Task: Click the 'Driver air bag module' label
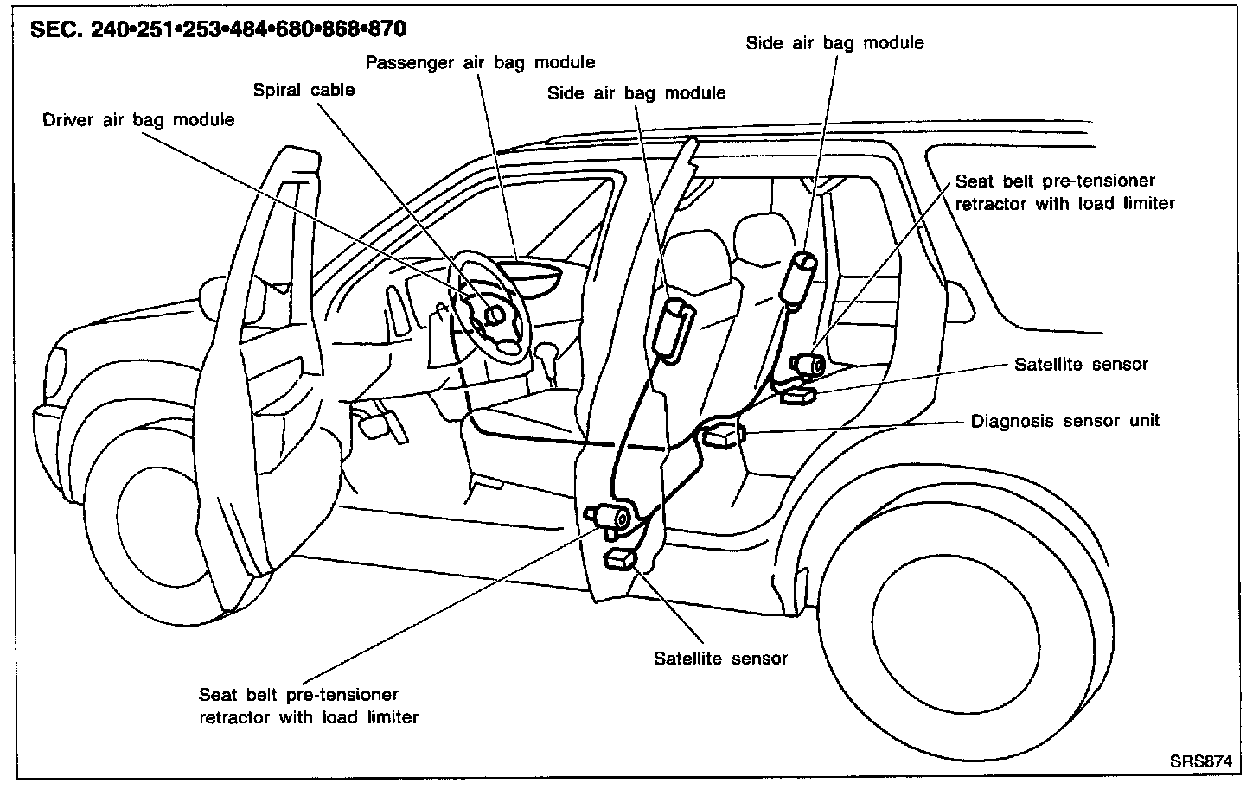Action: [138, 120]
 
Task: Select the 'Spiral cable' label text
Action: [304, 90]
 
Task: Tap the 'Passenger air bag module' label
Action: [480, 62]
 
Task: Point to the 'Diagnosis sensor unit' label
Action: [1064, 422]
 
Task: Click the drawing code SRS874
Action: [1200, 761]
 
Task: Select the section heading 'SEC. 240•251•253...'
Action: [218, 29]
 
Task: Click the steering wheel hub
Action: [495, 315]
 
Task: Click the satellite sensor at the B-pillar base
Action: [622, 559]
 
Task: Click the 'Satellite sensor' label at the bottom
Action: [720, 659]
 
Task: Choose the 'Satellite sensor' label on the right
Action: [1081, 364]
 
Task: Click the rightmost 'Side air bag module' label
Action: [834, 43]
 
